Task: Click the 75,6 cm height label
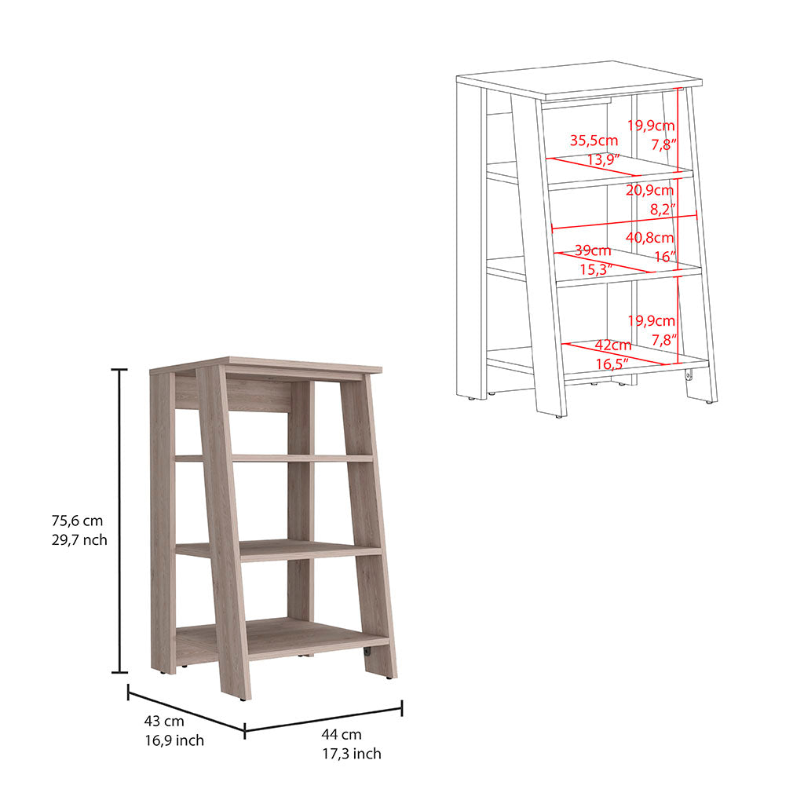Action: click(77, 521)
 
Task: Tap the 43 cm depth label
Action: click(163, 721)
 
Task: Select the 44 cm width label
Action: click(342, 735)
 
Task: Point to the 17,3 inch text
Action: click(351, 754)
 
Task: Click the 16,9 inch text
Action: click(174, 740)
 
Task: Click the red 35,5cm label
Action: click(594, 141)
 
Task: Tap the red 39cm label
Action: click(594, 251)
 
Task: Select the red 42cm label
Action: click(612, 345)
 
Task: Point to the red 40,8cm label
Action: click(651, 238)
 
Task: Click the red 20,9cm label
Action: click(650, 190)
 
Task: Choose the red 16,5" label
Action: click(613, 364)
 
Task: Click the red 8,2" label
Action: click(661, 210)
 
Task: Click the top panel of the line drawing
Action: click(579, 79)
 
